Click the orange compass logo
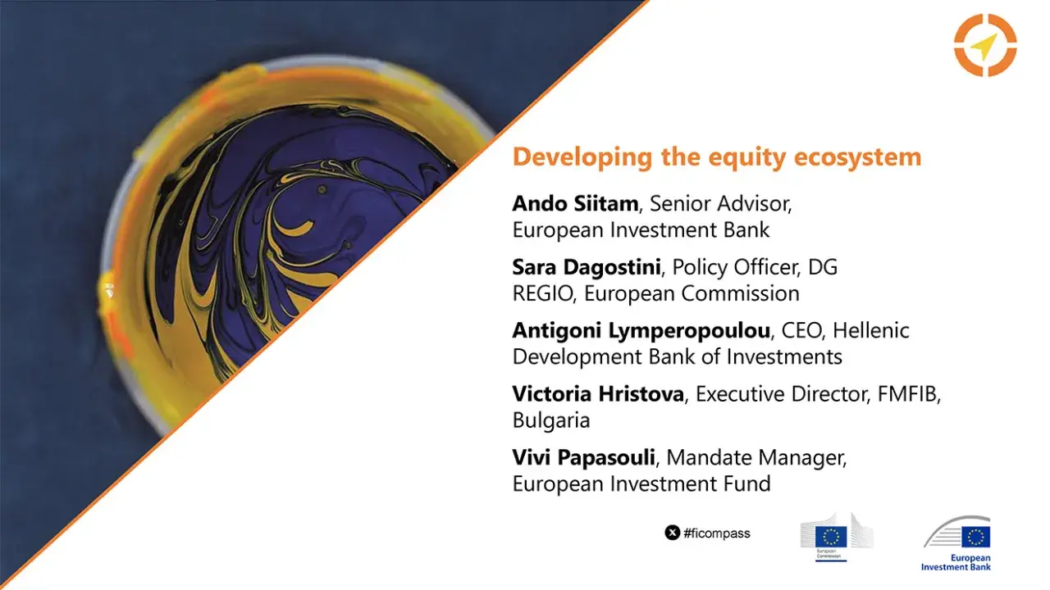[x=985, y=45]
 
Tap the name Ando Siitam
[x=574, y=203]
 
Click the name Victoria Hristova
[x=598, y=394]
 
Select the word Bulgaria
[x=551, y=420]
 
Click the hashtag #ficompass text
[x=717, y=533]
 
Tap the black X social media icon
[x=672, y=533]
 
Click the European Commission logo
[x=835, y=538]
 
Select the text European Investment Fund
[x=641, y=484]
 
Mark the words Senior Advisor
[x=720, y=203]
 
